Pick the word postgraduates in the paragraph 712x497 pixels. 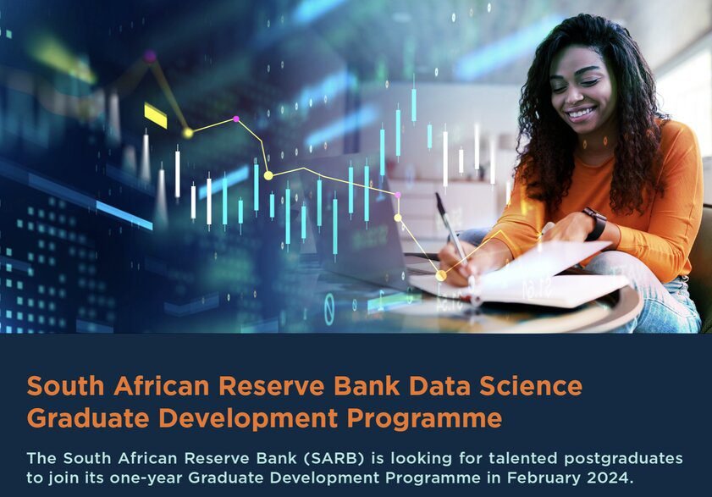click(623, 459)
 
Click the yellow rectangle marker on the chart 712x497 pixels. click(155, 115)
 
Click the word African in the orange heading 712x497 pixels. click(161, 386)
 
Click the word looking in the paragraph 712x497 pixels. click(421, 459)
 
